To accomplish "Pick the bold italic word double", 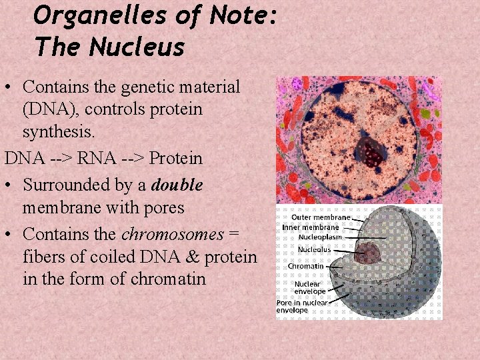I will tap(177, 185).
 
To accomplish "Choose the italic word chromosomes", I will tap(172, 234).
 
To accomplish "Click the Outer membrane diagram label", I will tap(320, 217).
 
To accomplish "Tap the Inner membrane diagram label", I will tap(311, 227).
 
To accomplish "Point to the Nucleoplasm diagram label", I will tap(320, 236).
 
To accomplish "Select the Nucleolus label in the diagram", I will tap(313, 249).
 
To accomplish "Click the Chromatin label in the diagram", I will tap(305, 266).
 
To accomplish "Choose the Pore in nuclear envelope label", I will tap(301, 306).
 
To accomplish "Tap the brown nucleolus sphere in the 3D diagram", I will tap(368, 253).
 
